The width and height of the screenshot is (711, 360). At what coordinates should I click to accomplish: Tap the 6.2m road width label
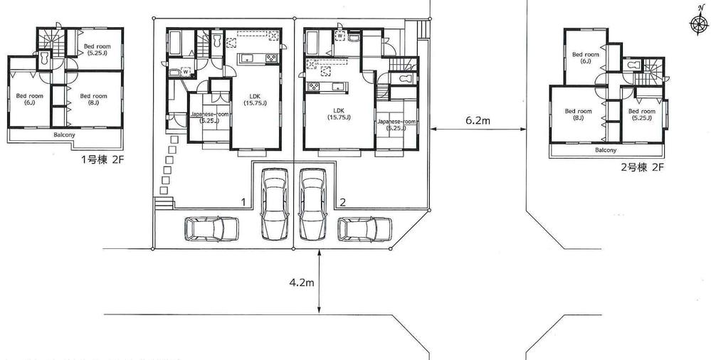[x=479, y=121]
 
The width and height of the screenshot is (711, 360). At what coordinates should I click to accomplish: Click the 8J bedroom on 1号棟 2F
[x=93, y=100]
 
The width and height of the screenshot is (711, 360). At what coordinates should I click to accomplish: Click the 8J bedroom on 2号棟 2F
[x=578, y=115]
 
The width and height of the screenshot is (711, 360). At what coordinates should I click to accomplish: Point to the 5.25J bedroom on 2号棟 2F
[x=642, y=115]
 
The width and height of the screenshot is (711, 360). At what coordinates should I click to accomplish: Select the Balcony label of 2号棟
[x=606, y=150]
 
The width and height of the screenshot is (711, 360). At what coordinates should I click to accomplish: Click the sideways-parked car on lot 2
[x=364, y=229]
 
